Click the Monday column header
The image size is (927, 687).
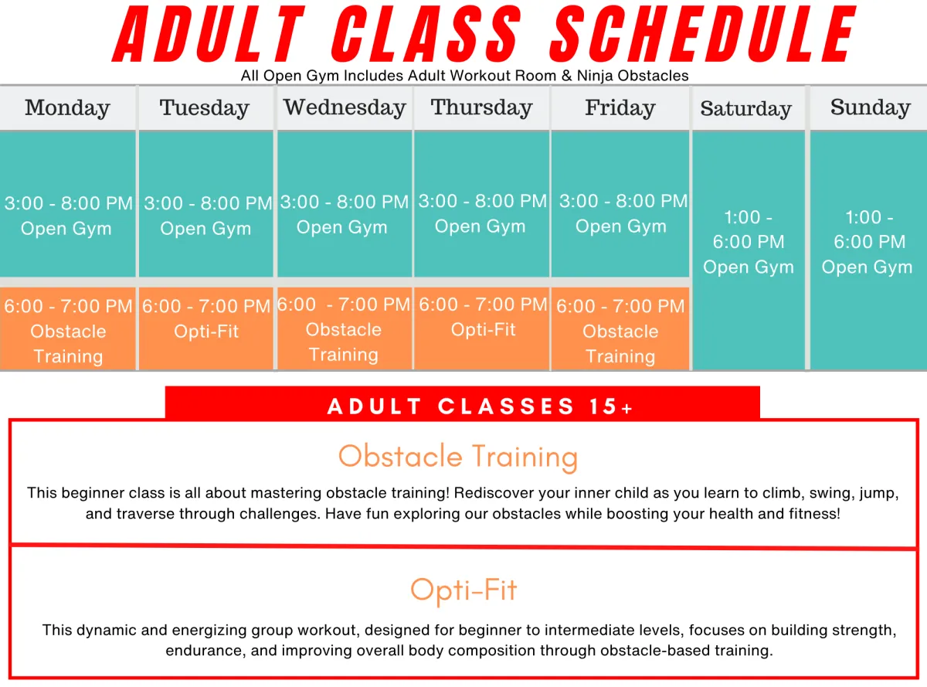pos(67,108)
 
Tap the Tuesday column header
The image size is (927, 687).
pos(205,108)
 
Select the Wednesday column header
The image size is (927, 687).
pos(345,107)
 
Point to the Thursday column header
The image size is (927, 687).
pos(481,107)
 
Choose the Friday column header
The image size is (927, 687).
pos(620,108)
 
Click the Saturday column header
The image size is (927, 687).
pos(745,109)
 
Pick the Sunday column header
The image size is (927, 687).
pos(870,107)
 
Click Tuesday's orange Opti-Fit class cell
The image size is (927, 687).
pos(206,328)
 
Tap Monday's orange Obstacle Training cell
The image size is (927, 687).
pos(68,330)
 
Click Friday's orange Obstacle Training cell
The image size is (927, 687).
pos(620,330)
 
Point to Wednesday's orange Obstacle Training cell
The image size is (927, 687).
pos(344,328)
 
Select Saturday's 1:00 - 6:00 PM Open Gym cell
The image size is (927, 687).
pos(748,243)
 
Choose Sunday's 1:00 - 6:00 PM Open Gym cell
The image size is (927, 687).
pos(868,243)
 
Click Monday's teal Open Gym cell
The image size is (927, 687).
pos(68,216)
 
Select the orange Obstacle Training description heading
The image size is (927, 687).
pos(458,456)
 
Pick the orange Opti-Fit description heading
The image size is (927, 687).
pos(463,590)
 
